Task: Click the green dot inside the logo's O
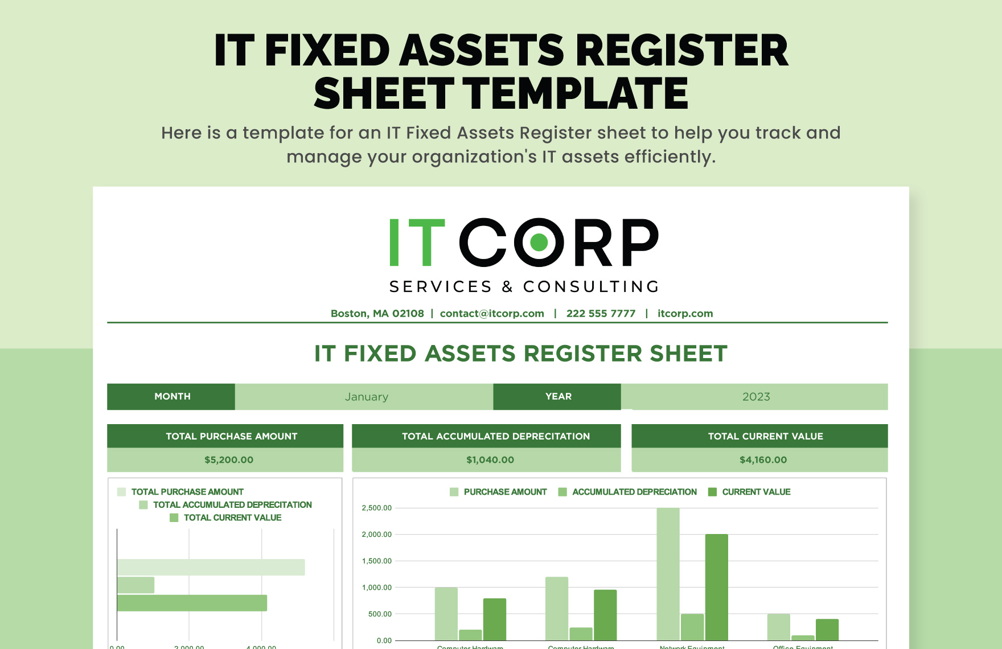[x=539, y=243]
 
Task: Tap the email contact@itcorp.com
[x=492, y=314]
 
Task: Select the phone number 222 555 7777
[x=601, y=314]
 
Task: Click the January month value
[x=366, y=397]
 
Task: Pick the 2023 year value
[x=755, y=397]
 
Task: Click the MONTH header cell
[x=172, y=397]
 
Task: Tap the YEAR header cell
[x=558, y=397]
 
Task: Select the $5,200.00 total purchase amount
[x=229, y=460]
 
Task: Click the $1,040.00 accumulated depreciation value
[x=490, y=460]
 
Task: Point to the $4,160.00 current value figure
[x=763, y=460]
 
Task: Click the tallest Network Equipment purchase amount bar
[x=668, y=574]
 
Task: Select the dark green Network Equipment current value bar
[x=716, y=587]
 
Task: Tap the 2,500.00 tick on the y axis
[x=376, y=508]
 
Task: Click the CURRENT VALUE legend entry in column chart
[x=755, y=492]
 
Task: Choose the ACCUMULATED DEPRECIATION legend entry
[x=634, y=492]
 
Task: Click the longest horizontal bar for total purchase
[x=211, y=567]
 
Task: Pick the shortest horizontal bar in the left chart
[x=135, y=585]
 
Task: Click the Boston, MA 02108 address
[x=377, y=314]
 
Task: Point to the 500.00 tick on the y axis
[x=380, y=614]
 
